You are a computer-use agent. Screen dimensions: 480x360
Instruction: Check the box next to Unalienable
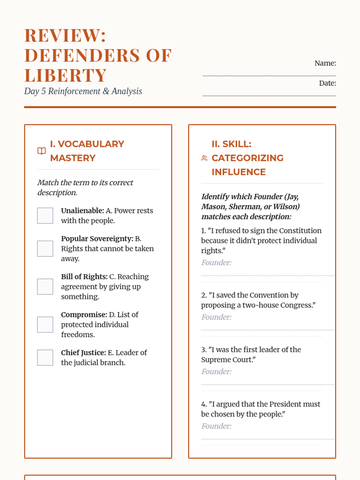pos(45,216)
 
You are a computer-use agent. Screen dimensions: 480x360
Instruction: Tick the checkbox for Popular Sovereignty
pos(45,248)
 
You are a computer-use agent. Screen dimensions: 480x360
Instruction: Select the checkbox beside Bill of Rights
pos(45,286)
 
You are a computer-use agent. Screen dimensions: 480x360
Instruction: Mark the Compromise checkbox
pos(45,325)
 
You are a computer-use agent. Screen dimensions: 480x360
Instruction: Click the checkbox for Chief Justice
pos(45,358)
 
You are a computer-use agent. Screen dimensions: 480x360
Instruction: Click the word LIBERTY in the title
pos(66,75)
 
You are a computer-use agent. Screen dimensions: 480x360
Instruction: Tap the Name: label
pos(325,63)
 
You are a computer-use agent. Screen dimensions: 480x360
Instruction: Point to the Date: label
pos(327,83)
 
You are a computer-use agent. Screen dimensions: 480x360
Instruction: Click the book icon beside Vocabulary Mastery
pos(41,151)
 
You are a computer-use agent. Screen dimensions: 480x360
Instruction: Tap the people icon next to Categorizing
pos(204,158)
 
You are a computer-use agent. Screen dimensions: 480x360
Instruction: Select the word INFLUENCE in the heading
pos(238,172)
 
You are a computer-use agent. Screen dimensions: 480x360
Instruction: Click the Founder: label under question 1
pos(216,263)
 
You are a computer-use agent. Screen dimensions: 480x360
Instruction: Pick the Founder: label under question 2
pos(216,317)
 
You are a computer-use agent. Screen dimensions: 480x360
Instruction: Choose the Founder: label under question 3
pos(216,372)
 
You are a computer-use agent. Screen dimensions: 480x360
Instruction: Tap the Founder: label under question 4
pos(216,426)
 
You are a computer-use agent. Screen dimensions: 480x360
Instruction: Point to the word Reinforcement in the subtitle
pos(74,91)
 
